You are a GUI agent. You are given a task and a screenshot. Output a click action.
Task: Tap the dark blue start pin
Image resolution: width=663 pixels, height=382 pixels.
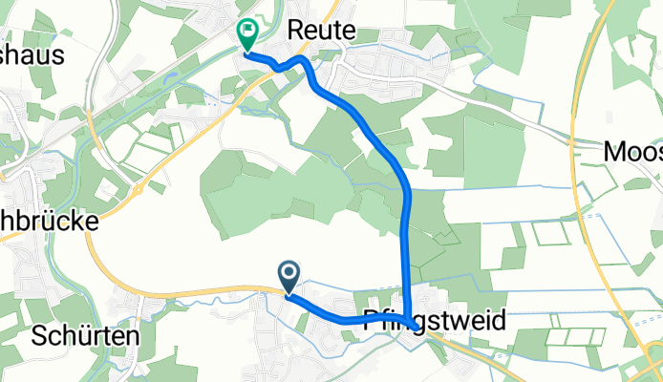(289, 277)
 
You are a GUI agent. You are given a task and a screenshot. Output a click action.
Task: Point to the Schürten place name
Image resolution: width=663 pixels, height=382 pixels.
(85, 336)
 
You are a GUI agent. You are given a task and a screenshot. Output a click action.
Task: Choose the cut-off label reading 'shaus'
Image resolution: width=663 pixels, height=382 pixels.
(32, 54)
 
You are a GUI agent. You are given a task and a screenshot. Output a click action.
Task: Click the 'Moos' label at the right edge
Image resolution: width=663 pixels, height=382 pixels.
(633, 151)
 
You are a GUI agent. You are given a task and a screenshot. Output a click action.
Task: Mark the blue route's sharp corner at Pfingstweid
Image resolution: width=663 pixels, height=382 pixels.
(409, 320)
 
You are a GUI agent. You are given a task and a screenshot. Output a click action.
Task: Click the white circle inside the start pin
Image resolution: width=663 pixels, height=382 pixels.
(289, 274)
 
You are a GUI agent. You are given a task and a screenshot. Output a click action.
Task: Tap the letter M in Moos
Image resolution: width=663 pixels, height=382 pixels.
(614, 151)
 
